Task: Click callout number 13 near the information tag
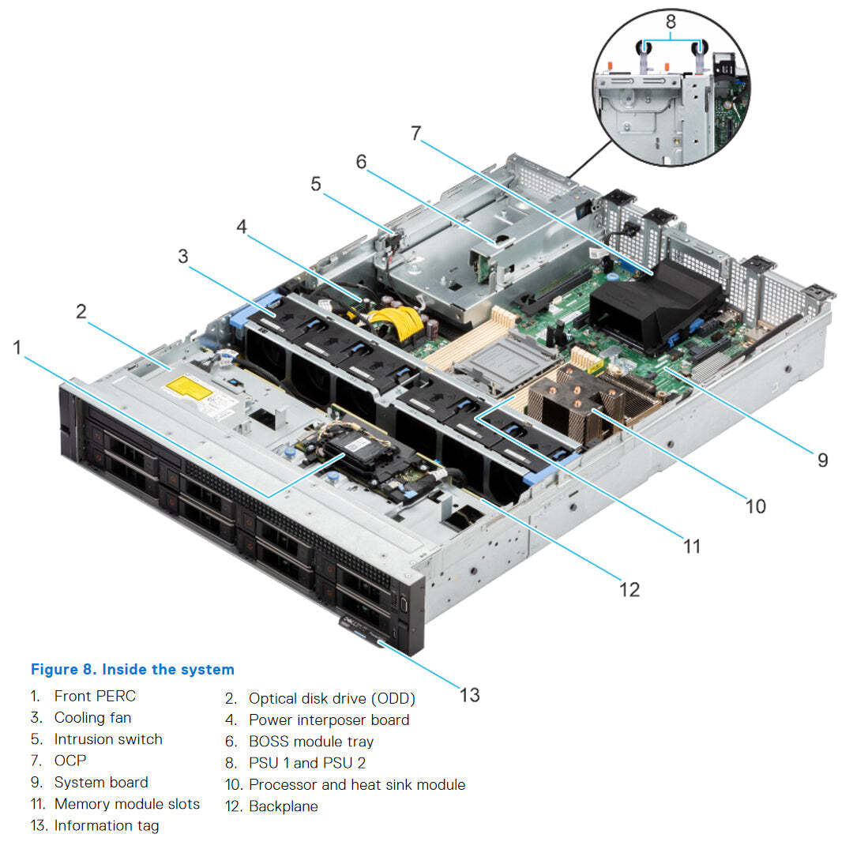coord(469,694)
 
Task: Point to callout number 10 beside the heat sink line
coord(755,505)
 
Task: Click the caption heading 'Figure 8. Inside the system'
coord(132,669)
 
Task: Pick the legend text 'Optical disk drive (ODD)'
coord(331,698)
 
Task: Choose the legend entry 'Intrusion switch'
coord(107,739)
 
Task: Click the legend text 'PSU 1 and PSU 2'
coord(306,763)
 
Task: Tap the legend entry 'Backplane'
coord(283,806)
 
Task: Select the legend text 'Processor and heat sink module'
coord(356,784)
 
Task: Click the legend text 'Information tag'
coord(106,825)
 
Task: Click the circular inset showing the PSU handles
coord(671,99)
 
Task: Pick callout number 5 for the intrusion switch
coord(316,184)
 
